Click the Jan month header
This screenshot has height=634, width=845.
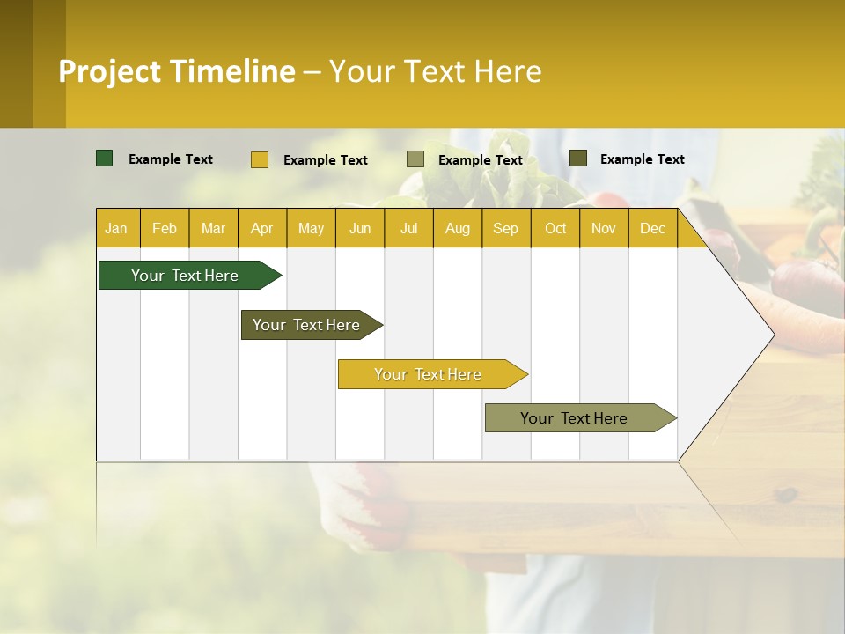tap(116, 228)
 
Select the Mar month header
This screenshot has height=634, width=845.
tap(213, 228)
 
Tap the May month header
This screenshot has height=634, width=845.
tap(311, 228)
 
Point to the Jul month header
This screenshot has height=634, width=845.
tap(408, 228)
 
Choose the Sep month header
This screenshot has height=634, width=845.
tap(505, 228)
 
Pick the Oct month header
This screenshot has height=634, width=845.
tap(555, 228)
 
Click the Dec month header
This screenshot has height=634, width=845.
tap(652, 228)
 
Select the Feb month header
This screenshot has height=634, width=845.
tap(165, 228)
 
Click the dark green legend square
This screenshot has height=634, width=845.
tap(105, 158)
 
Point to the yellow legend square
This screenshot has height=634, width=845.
tap(260, 159)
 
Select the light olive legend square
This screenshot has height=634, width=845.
tap(415, 159)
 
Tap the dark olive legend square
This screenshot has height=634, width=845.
tap(578, 158)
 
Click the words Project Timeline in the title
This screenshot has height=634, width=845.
tap(177, 71)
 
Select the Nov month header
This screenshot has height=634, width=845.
tap(604, 228)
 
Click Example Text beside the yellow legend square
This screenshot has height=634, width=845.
tap(326, 160)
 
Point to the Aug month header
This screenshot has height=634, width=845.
tap(457, 228)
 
